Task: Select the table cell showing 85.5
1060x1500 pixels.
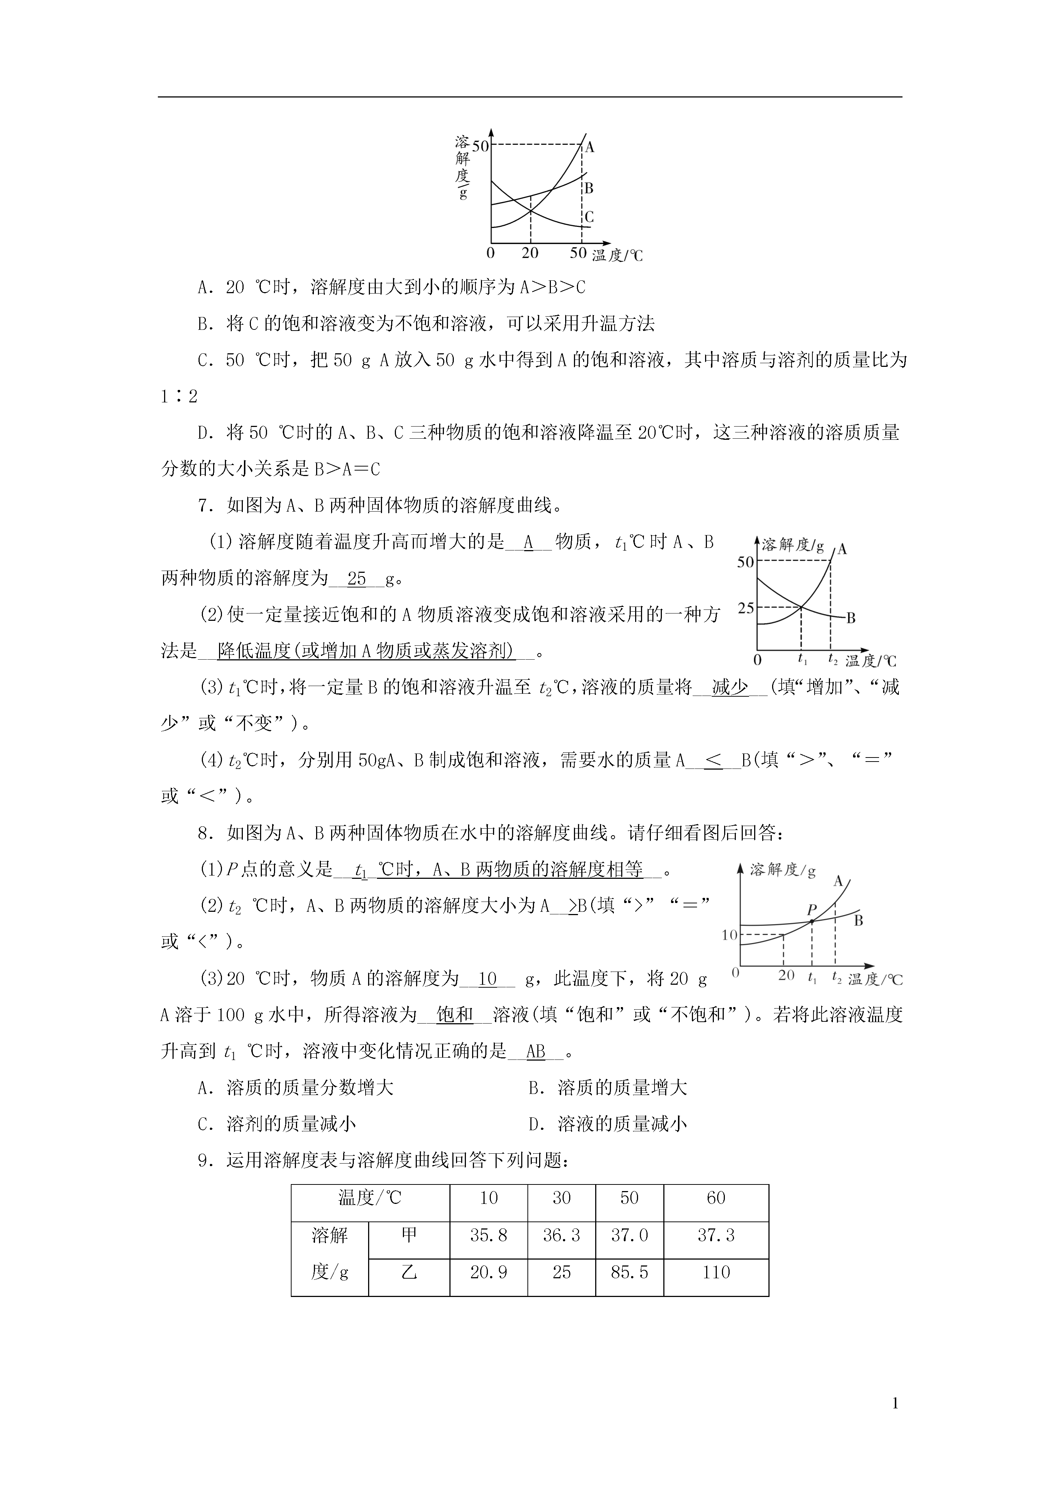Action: [x=629, y=1272]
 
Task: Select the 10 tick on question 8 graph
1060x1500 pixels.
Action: [x=729, y=935]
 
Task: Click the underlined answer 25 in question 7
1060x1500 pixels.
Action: [x=357, y=578]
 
